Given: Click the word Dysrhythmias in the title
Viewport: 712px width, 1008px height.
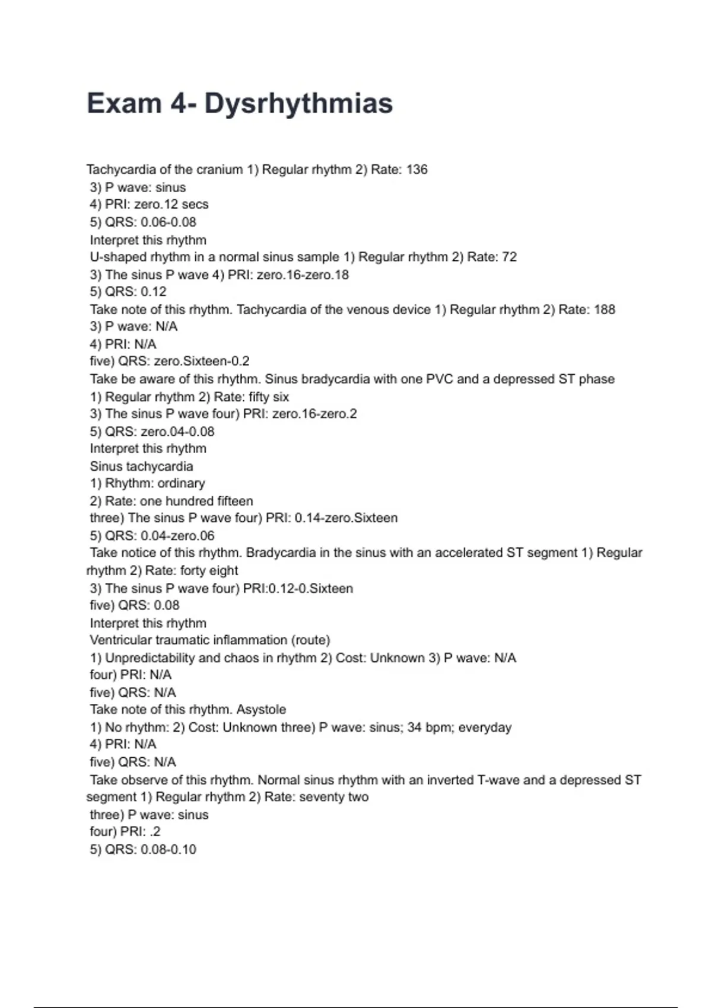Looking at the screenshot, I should tap(298, 103).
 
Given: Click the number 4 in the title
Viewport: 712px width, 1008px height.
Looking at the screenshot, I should tap(179, 103).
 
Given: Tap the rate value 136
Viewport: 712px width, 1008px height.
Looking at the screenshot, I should tap(417, 170).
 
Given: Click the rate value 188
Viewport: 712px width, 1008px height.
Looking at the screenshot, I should tap(604, 309).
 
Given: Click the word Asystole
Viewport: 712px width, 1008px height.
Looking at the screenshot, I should tap(261, 709).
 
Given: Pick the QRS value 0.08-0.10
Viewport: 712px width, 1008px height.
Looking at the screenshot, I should tap(169, 849).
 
